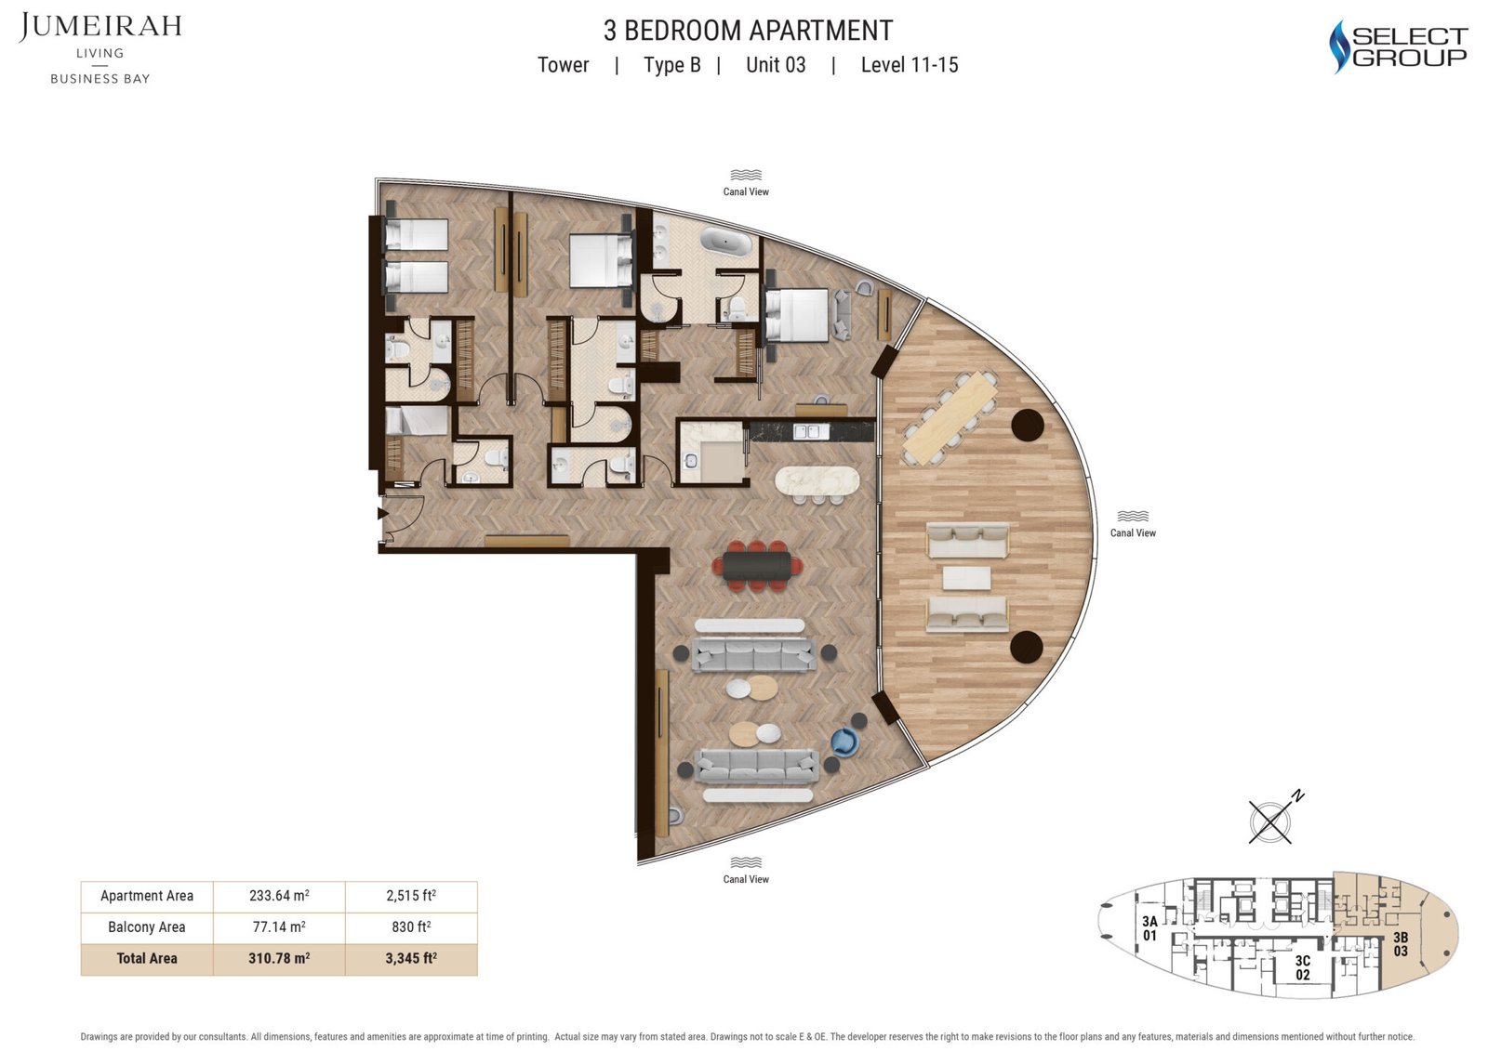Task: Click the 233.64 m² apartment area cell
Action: tap(279, 896)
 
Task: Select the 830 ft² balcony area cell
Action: tap(411, 926)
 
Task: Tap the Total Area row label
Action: tap(147, 959)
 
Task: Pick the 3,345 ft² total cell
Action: tap(411, 959)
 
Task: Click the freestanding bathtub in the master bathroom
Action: tap(726, 242)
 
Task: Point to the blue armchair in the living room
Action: tap(845, 742)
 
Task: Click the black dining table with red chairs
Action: tap(757, 566)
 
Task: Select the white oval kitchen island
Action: tap(817, 480)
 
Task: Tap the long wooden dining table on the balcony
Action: tap(950, 418)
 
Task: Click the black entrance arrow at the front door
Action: tap(383, 513)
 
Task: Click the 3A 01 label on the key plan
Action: tap(1149, 928)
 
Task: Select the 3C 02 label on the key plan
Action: tap(1303, 968)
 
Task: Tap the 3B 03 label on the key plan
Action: tap(1401, 944)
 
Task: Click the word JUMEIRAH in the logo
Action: tap(100, 27)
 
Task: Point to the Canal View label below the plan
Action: tap(746, 879)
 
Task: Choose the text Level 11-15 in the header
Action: tap(910, 65)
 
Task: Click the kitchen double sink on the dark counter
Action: tap(811, 432)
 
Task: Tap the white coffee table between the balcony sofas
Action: tap(966, 578)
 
